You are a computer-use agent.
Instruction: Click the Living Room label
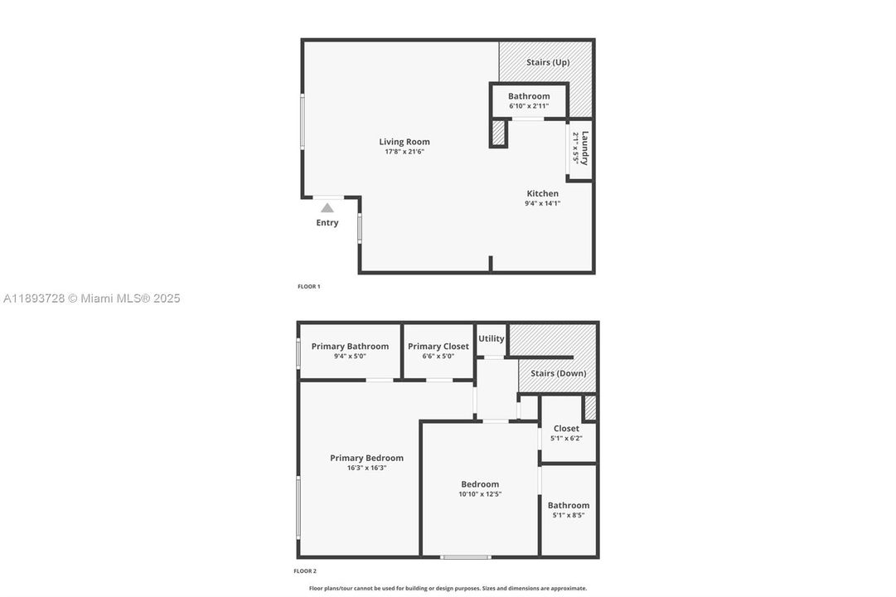404,142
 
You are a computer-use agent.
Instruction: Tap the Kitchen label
543,193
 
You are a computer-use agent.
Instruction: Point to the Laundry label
584,148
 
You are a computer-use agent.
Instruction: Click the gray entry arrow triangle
327,208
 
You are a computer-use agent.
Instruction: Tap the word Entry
327,223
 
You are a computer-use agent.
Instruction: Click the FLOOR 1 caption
308,287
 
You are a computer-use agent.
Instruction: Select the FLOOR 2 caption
305,571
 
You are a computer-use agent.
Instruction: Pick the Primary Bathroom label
350,347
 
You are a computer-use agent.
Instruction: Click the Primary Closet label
438,347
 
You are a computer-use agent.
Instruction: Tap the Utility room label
492,338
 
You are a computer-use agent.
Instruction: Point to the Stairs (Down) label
559,373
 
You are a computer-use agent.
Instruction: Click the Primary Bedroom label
366,458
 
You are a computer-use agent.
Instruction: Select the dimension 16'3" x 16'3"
366,468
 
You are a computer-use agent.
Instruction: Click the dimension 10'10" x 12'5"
480,494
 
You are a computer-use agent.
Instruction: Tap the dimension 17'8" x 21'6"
404,152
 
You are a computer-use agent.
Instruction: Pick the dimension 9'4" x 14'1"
543,203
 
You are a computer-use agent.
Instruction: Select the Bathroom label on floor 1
529,96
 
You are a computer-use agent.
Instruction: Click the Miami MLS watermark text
91,298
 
